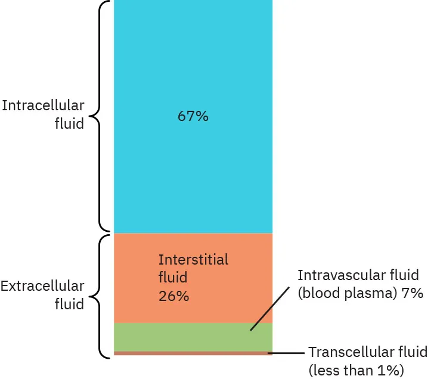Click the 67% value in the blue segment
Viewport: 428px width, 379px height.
click(x=193, y=116)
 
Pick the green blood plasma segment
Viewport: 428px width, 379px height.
click(x=179, y=337)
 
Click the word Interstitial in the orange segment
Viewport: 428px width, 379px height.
click(x=193, y=260)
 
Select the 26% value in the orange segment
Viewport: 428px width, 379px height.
click(x=173, y=296)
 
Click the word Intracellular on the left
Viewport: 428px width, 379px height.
click(x=43, y=105)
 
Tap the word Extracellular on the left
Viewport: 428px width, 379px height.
click(x=42, y=286)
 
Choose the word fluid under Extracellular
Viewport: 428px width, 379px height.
click(x=70, y=305)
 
